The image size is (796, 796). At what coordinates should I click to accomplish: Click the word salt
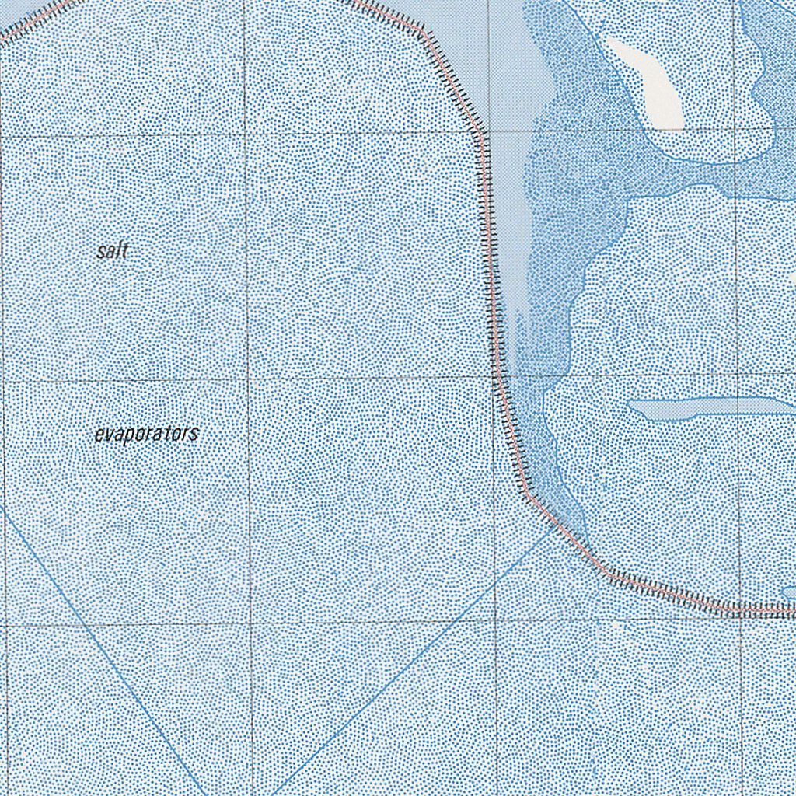(x=113, y=252)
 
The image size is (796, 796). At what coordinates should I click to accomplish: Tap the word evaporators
(x=146, y=434)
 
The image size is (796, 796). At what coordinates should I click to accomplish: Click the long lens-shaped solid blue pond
(x=707, y=408)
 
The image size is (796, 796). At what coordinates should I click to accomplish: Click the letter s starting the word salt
(x=101, y=253)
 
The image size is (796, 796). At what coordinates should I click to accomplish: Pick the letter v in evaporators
(x=108, y=435)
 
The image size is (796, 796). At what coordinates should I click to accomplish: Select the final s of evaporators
(x=194, y=433)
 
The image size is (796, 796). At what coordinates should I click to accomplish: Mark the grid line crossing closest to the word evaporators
(x=249, y=379)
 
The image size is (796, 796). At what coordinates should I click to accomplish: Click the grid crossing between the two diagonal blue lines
(x=250, y=623)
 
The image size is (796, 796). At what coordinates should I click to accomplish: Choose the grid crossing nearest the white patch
(x=735, y=130)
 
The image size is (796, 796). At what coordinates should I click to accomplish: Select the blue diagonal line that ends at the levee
(x=412, y=661)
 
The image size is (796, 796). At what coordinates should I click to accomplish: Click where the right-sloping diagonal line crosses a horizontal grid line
(x=83, y=624)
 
